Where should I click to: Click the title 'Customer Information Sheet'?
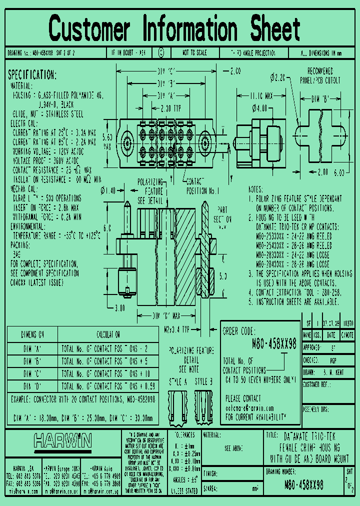174,28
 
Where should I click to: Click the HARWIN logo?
62,440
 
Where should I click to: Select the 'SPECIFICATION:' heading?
32,75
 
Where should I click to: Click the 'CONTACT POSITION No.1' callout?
202,187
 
